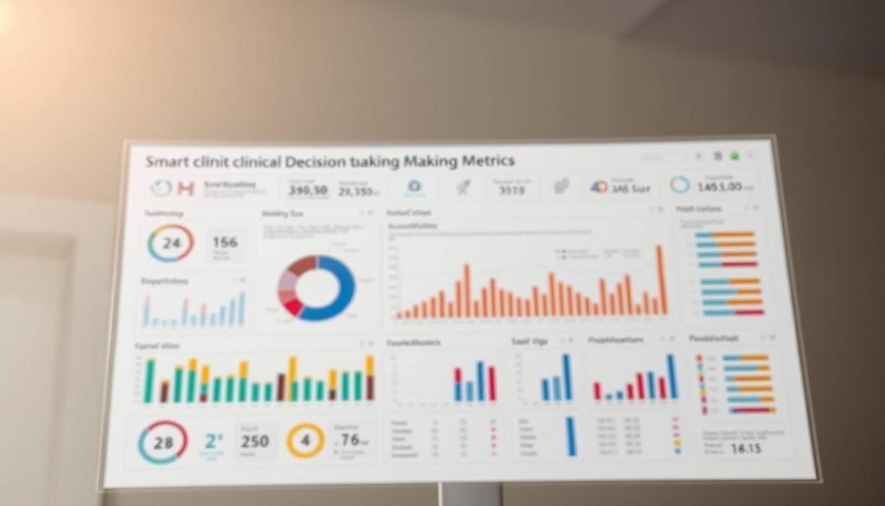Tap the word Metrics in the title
[x=485, y=161]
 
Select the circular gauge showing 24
[x=170, y=243]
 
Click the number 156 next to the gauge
[x=225, y=243]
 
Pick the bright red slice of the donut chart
[x=293, y=306]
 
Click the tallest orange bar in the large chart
[x=661, y=279]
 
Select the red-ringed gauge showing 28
[x=162, y=442]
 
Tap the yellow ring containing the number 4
[x=305, y=440]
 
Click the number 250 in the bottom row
[x=254, y=441]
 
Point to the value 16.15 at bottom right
[x=745, y=449]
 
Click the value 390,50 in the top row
[x=308, y=190]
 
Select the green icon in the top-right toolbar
[x=734, y=157]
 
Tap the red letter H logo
[x=185, y=188]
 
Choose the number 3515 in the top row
[x=513, y=190]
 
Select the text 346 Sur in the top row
[x=629, y=187]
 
